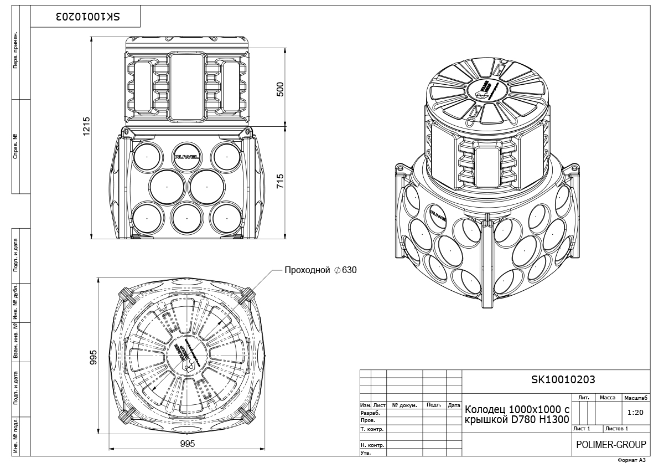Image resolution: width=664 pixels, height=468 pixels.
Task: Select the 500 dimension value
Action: click(279, 89)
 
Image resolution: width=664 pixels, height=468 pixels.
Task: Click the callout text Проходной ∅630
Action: click(320, 270)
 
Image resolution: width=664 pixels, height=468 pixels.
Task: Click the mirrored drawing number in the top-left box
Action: click(88, 17)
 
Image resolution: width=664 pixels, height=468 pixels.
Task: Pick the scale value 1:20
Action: click(636, 413)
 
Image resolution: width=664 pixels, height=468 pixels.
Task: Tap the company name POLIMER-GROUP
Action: click(611, 445)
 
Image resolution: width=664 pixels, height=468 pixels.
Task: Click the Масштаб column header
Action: click(636, 398)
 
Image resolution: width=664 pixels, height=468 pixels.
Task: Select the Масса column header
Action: click(608, 398)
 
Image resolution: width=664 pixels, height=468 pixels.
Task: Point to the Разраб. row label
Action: click(370, 413)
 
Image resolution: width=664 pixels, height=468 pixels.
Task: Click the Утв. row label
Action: click(366, 452)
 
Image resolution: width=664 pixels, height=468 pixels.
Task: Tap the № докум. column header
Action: click(404, 405)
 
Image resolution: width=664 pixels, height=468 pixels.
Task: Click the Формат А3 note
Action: click(631, 460)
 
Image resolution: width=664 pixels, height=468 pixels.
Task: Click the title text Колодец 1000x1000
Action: click(517, 409)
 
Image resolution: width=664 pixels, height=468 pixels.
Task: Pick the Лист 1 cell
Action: click(583, 429)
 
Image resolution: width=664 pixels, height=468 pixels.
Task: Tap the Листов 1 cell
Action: click(617, 429)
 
